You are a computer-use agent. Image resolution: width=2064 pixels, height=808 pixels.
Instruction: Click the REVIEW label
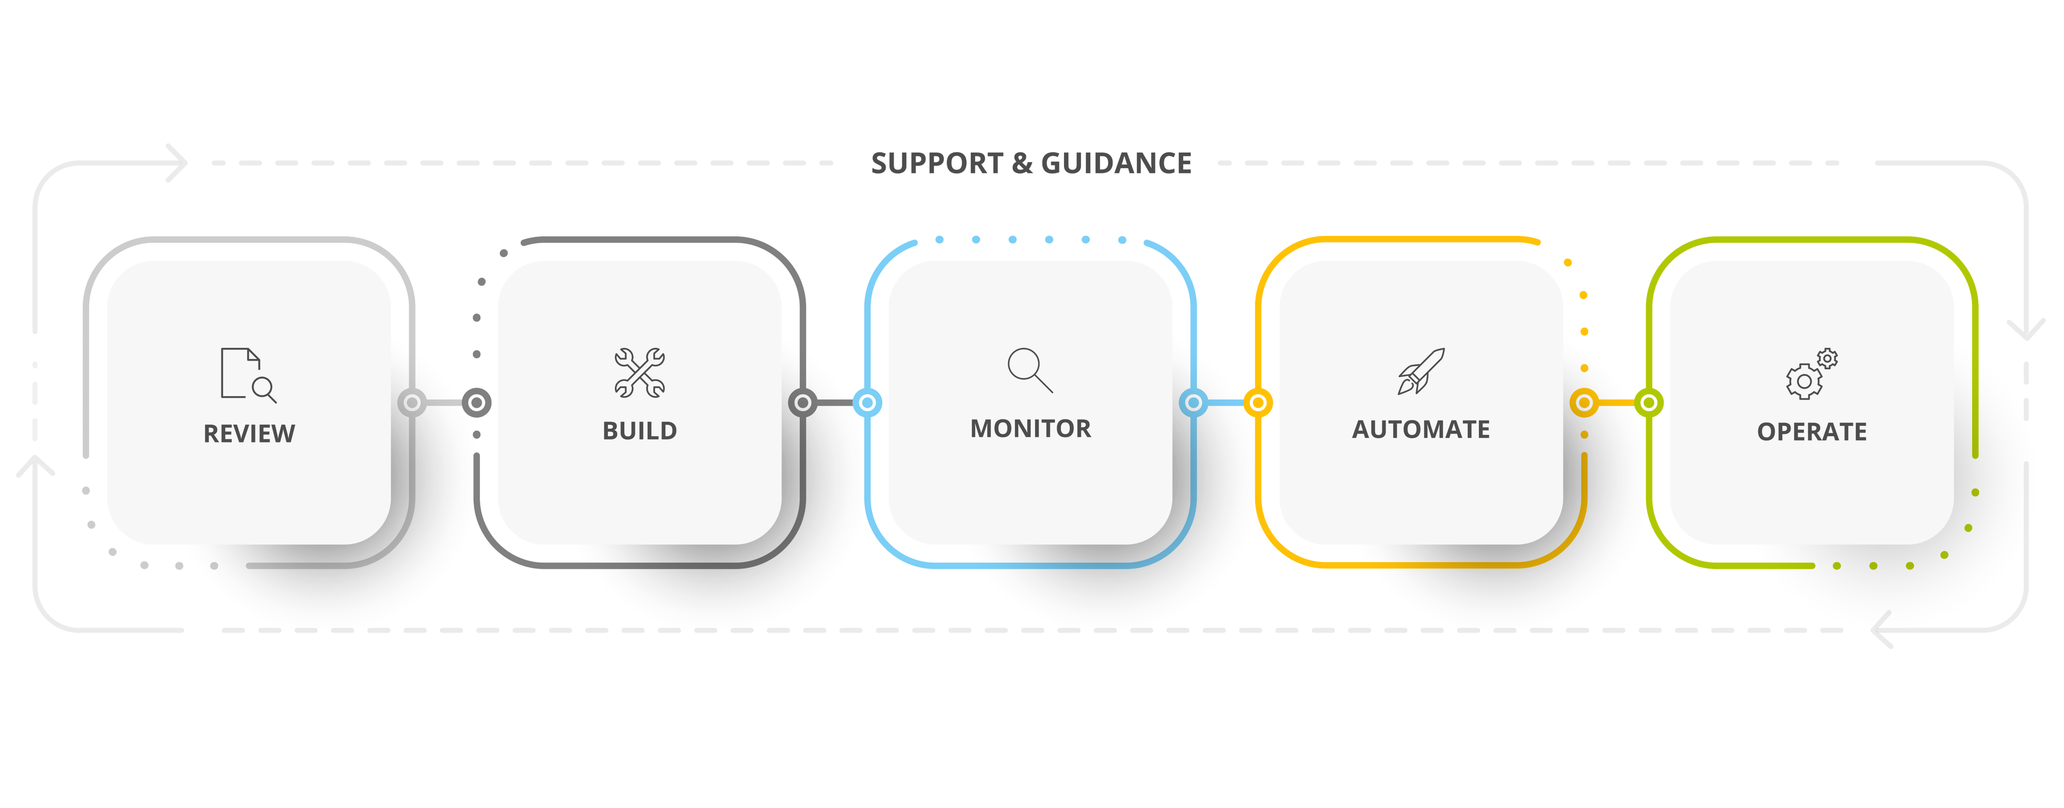coord(249,434)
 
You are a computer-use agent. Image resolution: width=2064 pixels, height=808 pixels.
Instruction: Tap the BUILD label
coord(639,431)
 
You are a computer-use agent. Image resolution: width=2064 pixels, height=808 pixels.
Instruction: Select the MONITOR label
coord(1030,429)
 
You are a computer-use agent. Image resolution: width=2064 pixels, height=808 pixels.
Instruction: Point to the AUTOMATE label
coord(1421,430)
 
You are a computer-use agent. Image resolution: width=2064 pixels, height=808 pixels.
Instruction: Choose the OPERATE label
coord(1812,432)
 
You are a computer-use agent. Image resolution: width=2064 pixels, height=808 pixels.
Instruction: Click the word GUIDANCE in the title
coord(1116,164)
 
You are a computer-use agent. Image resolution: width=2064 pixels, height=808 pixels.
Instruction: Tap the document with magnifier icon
coord(248,374)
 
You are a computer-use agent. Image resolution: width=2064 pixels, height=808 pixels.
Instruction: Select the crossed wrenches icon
coord(639,373)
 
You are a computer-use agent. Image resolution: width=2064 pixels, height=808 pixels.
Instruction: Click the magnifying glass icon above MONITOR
coord(1029,370)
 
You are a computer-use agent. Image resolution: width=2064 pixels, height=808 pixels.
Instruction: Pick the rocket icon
coord(1421,371)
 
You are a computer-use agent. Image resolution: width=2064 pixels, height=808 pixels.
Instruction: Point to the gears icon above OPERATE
coord(1812,374)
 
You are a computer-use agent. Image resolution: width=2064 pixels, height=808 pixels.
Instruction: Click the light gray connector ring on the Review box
coord(412,402)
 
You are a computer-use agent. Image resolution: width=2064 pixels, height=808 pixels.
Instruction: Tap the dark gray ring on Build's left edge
coord(477,402)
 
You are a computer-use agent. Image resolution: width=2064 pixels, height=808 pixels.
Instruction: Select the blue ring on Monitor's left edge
coord(867,402)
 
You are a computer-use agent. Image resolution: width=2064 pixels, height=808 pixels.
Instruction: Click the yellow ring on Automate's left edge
coord(1258,402)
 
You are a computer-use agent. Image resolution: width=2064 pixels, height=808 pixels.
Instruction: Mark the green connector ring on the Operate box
coord(1649,402)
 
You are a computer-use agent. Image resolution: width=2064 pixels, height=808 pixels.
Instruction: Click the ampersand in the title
coord(1022,164)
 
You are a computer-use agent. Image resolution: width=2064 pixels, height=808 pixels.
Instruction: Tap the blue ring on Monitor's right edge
coord(1193,402)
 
